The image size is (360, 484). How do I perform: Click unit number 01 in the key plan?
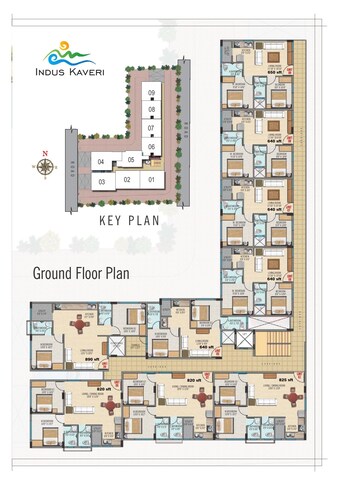tap(151, 179)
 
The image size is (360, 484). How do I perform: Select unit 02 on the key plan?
tap(126, 179)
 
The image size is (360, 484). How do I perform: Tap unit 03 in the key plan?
tap(101, 181)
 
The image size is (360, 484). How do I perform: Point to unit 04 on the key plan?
tap(101, 161)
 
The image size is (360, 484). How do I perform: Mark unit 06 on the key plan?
tap(151, 146)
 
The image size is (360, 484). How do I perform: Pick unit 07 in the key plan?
tap(151, 128)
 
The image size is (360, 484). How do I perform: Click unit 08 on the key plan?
tap(151, 109)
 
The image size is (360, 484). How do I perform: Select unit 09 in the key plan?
tap(151, 93)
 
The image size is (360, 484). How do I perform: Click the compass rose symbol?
tap(44, 167)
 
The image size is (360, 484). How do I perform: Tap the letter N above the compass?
tap(44, 153)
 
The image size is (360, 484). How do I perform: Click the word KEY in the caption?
tap(111, 219)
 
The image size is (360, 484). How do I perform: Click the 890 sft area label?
tap(89, 358)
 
